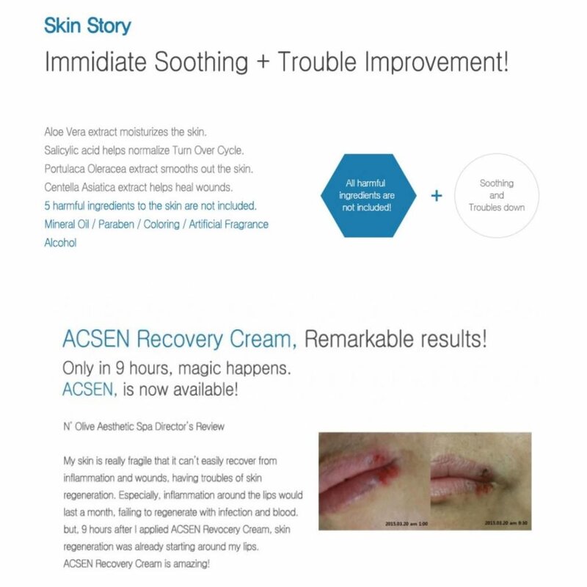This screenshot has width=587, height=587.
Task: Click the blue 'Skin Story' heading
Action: click(87, 27)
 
